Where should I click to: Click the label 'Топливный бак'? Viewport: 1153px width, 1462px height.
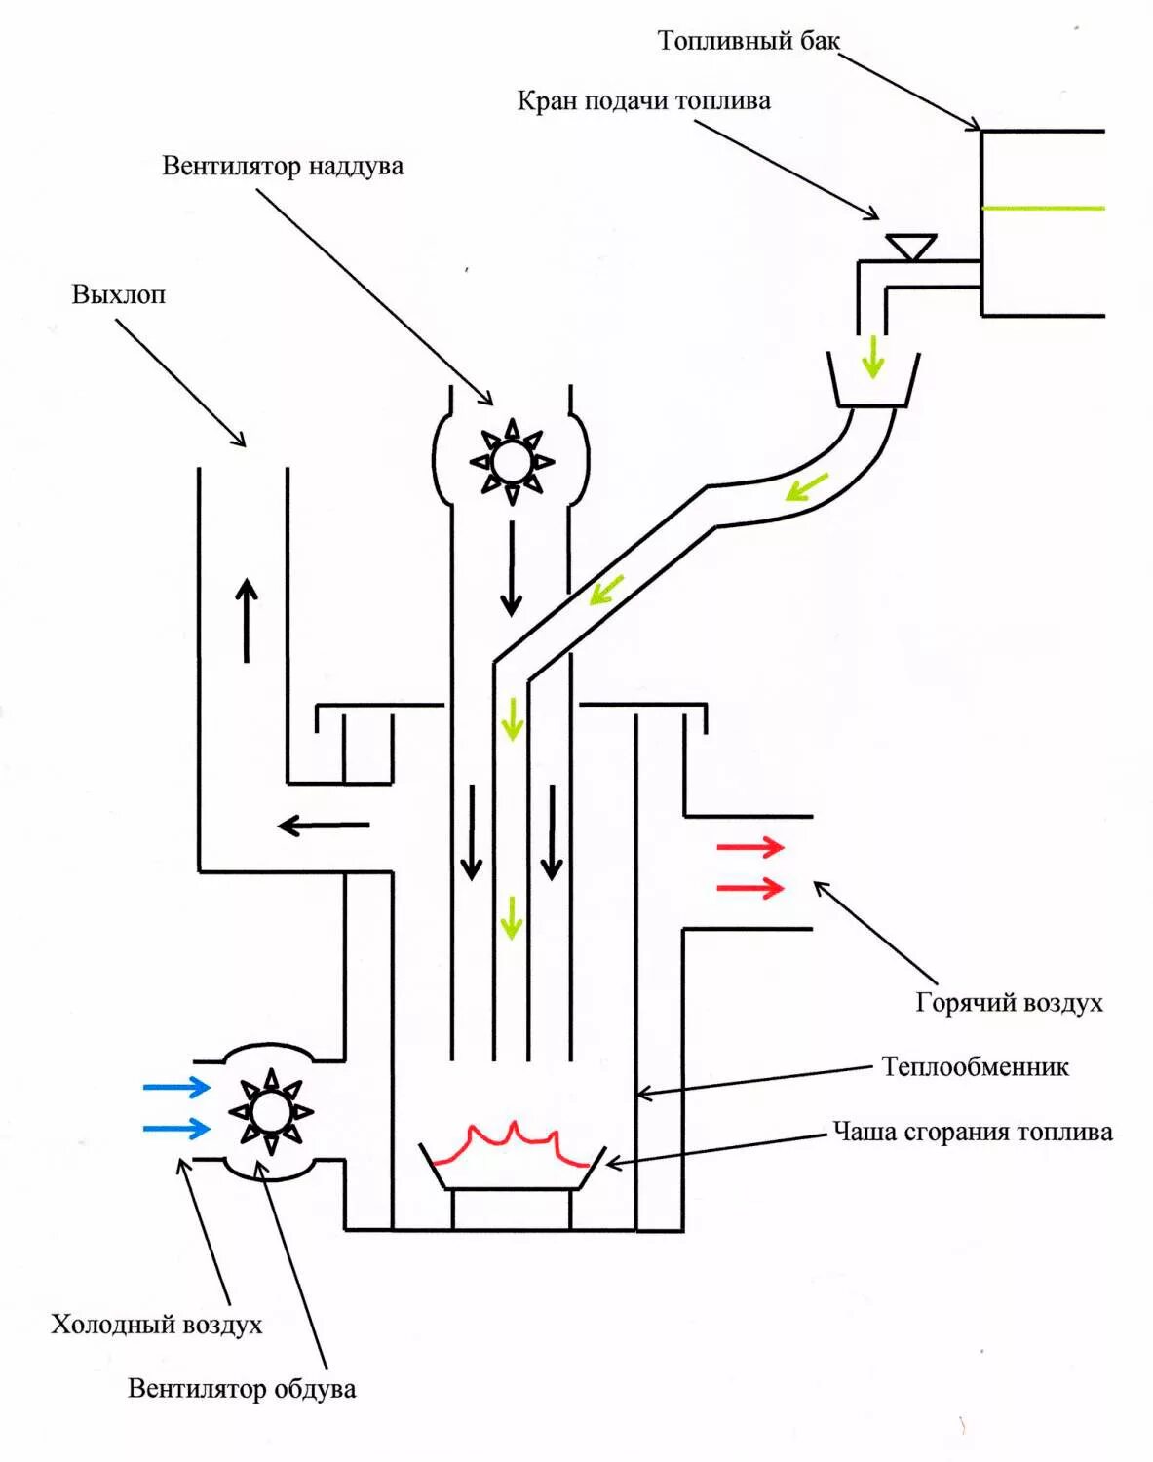748,41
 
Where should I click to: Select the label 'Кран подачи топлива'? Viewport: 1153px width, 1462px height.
643,101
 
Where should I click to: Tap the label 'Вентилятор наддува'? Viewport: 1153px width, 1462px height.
283,166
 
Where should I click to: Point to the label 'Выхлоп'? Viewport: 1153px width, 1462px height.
118,294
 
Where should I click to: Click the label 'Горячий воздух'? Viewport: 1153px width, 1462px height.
1009,1003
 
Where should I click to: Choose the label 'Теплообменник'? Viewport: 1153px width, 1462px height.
975,1067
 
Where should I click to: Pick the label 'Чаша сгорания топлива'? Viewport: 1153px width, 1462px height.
972,1133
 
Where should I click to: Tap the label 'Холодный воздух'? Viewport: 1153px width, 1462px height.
157,1325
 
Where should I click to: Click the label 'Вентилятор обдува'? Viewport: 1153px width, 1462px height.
242,1389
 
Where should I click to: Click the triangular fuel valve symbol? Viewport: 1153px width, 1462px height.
911,247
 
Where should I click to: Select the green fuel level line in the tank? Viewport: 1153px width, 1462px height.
1042,208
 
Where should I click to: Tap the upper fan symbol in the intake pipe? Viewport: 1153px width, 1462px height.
511,460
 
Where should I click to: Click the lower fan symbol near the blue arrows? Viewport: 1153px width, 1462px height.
270,1112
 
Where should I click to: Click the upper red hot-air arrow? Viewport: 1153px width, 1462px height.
750,847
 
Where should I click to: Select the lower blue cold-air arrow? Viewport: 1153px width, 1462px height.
176,1129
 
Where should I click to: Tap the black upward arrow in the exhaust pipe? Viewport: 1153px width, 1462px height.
247,620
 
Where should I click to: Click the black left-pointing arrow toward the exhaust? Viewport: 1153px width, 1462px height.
324,826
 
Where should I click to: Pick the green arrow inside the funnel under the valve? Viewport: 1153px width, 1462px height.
872,357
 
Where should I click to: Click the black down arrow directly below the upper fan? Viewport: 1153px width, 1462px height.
511,568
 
